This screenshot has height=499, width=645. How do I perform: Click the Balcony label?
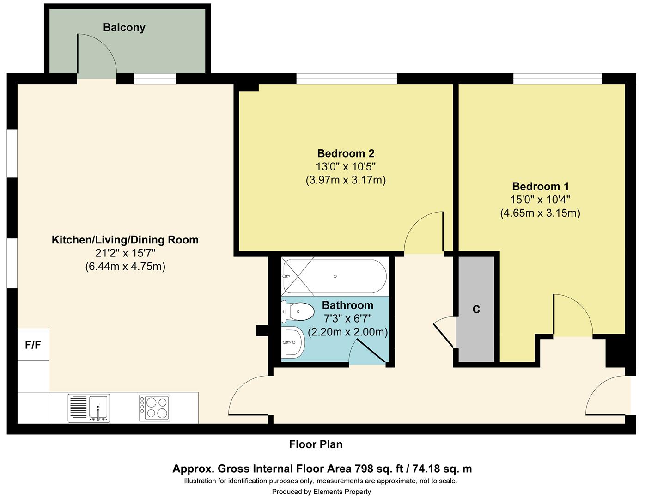(x=124, y=28)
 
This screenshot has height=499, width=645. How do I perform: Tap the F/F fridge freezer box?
(x=33, y=344)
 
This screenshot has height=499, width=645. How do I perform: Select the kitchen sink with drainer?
(x=89, y=408)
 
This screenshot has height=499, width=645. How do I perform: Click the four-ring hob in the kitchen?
(x=155, y=408)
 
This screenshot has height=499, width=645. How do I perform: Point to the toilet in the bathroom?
(x=298, y=311)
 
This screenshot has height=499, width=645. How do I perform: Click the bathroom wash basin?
(x=293, y=342)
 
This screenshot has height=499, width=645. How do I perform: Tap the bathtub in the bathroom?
(x=335, y=276)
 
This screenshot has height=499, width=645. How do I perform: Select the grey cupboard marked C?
(x=476, y=309)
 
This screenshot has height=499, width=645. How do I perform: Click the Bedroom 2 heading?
(x=346, y=153)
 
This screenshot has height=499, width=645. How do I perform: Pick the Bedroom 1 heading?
(x=541, y=186)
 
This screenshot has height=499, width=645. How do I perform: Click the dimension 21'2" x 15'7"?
(x=125, y=253)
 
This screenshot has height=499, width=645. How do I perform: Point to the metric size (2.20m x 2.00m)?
(x=348, y=332)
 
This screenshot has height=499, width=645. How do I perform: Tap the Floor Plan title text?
(x=316, y=444)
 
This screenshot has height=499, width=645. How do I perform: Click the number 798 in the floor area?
(x=364, y=469)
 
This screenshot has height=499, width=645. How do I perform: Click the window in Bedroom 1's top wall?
(x=557, y=79)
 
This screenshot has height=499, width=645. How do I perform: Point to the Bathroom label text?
(x=347, y=305)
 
